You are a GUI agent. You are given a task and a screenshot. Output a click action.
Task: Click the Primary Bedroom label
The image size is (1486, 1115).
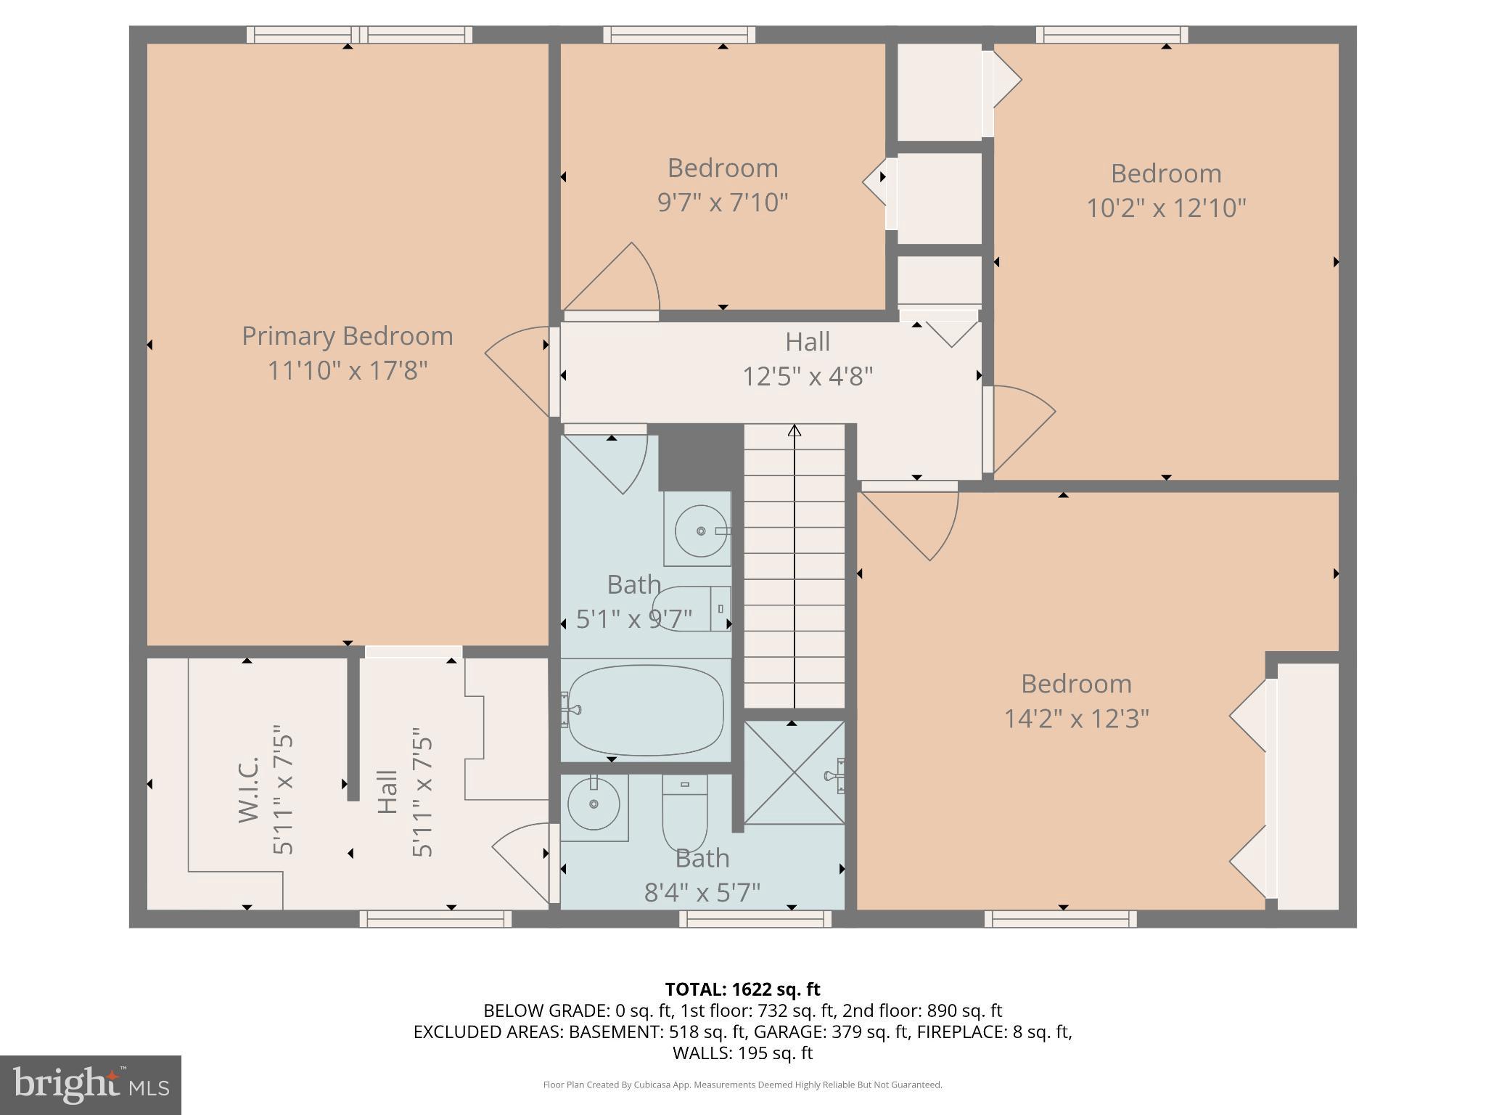click(347, 336)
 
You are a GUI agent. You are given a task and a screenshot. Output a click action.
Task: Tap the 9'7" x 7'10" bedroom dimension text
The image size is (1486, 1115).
click(723, 203)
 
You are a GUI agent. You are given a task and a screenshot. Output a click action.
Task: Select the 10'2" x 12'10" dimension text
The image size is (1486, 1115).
click(1166, 208)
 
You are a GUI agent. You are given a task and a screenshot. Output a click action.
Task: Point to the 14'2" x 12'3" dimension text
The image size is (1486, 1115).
click(1076, 719)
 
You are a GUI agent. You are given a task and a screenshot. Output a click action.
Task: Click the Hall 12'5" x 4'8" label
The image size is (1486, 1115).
click(808, 359)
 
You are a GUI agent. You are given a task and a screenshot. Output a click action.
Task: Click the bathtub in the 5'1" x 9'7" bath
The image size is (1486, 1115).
click(645, 710)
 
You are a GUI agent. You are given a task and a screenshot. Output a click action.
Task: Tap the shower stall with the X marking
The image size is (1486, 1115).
click(795, 772)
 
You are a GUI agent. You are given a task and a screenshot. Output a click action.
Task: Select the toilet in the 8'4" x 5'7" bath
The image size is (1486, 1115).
click(684, 811)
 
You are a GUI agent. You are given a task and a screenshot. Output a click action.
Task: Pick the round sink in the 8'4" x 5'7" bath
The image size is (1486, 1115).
click(594, 804)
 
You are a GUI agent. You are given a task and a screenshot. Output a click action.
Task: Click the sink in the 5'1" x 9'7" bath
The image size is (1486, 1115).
click(699, 530)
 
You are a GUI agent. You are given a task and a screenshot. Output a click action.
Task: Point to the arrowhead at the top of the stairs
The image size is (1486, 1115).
click(795, 430)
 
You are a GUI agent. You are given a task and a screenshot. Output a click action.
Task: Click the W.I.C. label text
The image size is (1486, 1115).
click(249, 789)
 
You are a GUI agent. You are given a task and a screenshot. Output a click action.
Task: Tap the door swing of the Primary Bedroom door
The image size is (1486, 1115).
click(517, 370)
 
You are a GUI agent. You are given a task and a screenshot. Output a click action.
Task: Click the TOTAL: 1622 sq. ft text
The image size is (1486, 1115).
click(742, 989)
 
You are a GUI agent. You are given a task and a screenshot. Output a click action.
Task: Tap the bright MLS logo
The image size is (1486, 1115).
click(91, 1085)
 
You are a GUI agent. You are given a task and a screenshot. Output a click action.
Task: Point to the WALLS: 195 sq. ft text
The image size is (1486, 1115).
click(742, 1053)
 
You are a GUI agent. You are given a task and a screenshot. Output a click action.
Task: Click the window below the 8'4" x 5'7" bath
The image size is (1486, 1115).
click(755, 920)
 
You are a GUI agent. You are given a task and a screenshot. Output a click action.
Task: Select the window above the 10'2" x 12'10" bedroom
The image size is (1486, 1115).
click(1112, 34)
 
